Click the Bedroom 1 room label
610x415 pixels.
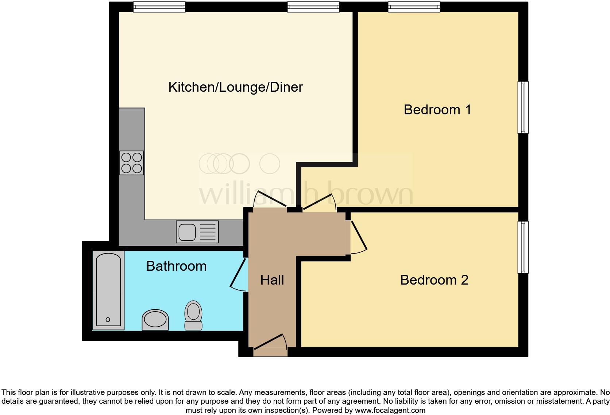tap(437, 110)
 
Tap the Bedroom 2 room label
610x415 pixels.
tap(434, 280)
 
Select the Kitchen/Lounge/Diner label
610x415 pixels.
tap(236, 87)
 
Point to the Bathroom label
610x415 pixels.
tap(176, 266)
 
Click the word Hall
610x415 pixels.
tap(272, 280)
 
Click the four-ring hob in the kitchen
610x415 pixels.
tap(132, 163)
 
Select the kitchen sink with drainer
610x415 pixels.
tap(197, 232)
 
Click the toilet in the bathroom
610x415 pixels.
tap(193, 315)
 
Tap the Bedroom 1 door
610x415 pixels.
tap(320, 202)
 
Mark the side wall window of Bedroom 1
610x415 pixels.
tap(523, 107)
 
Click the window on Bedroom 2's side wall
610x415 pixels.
tap(523, 247)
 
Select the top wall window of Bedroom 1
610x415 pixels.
tap(414, 7)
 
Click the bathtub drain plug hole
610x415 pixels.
tap(108, 320)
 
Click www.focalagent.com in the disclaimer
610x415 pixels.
tap(390, 410)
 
